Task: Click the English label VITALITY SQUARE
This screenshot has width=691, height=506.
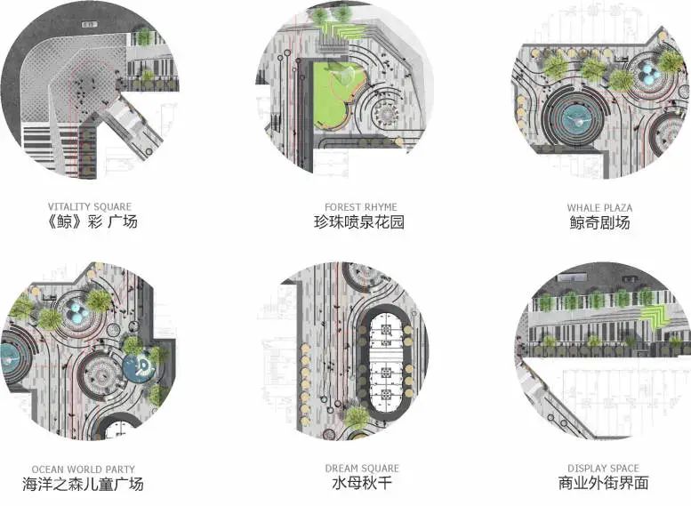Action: coord(93,207)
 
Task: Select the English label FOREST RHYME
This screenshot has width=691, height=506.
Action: coord(360,207)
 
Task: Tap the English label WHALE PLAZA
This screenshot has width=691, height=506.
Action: coord(600,207)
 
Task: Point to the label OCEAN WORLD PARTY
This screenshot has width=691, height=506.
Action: coord(83,469)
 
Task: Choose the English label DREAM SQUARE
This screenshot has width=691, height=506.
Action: coord(362,469)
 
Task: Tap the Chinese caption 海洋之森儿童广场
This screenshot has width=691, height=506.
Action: coord(83,484)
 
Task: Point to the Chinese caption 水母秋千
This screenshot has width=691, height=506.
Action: coord(362,484)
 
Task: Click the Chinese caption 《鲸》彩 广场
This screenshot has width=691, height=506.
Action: coord(94,222)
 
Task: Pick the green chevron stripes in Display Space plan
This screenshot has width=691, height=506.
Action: coord(655,314)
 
